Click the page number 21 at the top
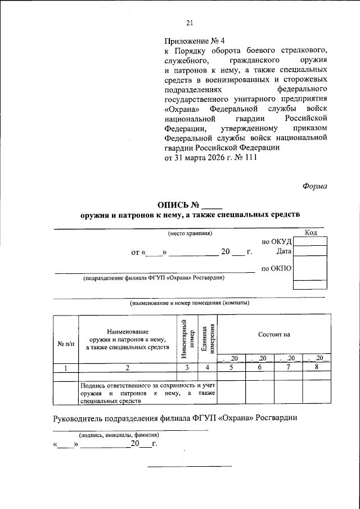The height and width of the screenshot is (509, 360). pos(189,22)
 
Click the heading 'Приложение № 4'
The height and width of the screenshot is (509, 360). pos(194,41)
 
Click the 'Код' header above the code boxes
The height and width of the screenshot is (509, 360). pos(310,232)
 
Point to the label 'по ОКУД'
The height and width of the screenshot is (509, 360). pos(277,241)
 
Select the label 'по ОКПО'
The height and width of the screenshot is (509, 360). pos(277,268)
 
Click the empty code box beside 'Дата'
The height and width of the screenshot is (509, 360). pos(310,251)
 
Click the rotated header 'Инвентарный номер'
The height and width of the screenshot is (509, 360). pos(188,337)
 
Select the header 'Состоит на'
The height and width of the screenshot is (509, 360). pos(274,334)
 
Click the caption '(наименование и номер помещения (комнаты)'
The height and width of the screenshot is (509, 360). pos(190,303)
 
